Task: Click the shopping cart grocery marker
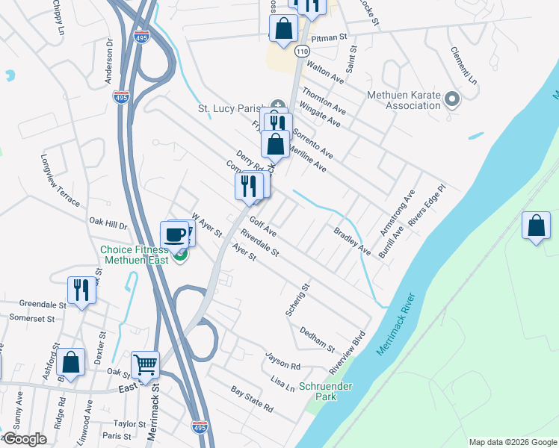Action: (145, 365)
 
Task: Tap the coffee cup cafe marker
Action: (174, 234)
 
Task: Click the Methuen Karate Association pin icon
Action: (451, 99)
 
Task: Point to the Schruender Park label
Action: (324, 391)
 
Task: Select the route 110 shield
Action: (301, 51)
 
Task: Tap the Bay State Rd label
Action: (252, 399)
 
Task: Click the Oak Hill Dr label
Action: (109, 223)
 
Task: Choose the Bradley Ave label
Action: (352, 240)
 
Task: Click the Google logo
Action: (25, 439)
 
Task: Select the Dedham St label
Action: (317, 338)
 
